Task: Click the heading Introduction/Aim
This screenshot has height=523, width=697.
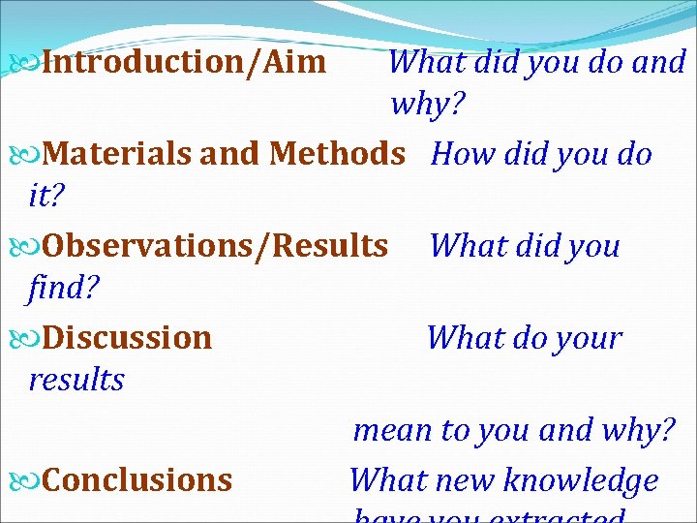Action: (184, 63)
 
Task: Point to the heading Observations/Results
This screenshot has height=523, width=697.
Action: (215, 246)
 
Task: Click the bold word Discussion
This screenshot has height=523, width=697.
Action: (127, 338)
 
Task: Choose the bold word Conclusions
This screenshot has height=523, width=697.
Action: (137, 480)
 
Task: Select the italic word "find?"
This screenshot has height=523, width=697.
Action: (59, 289)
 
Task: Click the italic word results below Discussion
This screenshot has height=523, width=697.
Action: (76, 380)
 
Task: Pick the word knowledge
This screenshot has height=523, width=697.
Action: (580, 480)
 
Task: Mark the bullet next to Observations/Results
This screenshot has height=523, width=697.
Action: (27, 247)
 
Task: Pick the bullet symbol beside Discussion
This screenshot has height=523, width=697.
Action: (27, 339)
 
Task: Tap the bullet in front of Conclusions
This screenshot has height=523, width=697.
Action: (27, 481)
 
